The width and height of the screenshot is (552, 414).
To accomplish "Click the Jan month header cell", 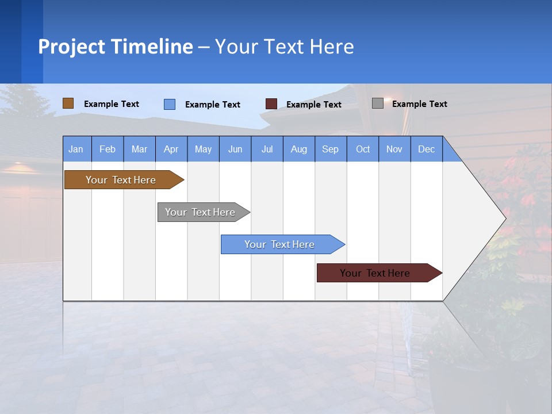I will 76,149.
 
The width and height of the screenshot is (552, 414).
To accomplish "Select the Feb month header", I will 108,149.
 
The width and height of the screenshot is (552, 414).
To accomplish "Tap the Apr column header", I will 171,149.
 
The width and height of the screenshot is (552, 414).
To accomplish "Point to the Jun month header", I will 235,149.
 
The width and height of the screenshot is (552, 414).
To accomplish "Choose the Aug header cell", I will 299,149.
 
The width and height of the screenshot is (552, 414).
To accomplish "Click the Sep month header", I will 331,149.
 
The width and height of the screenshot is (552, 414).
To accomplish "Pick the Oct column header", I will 363,149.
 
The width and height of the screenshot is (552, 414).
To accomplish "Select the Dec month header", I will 427,149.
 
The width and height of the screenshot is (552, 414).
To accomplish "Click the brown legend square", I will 68,103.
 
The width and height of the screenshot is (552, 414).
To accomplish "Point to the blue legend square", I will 170,104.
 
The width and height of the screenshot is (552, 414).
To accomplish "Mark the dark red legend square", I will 271,104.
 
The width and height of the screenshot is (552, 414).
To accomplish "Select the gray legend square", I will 378,103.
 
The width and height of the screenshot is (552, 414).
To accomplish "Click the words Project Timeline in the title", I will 116,47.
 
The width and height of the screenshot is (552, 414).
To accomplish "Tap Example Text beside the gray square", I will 419,104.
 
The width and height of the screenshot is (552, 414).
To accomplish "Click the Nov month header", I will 394,149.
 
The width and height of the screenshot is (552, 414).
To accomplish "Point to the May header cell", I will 203,149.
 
